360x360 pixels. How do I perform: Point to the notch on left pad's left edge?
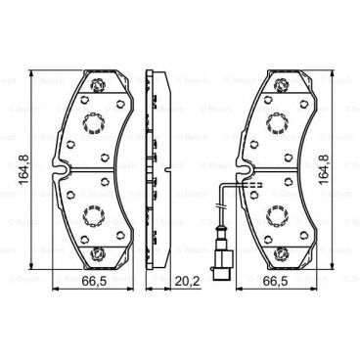coord(61,172)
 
